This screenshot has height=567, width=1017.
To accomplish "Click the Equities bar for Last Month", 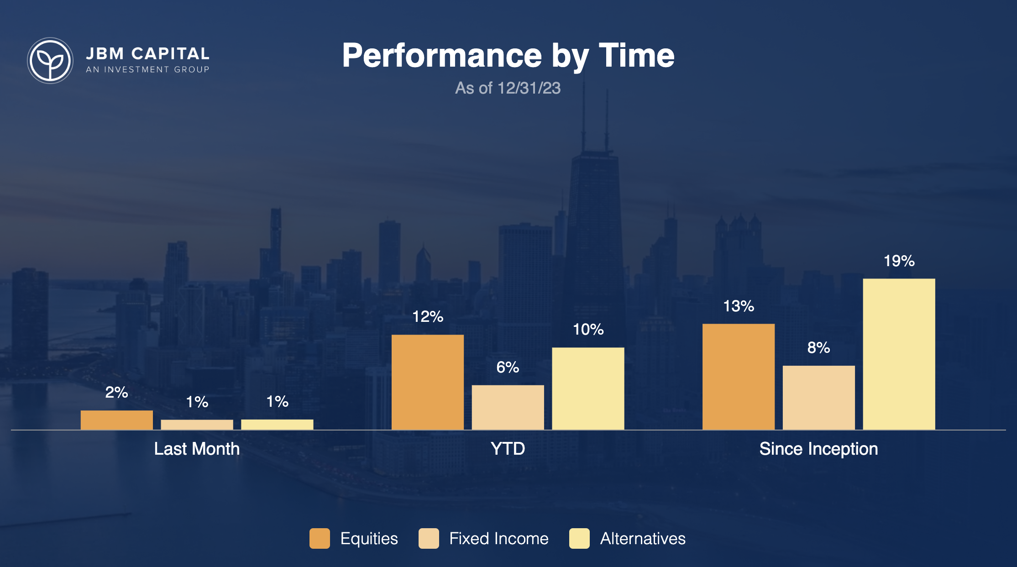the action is [117, 420].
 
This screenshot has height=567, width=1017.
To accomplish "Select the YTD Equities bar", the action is [428, 382].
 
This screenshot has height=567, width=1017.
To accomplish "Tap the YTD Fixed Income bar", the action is [508, 407].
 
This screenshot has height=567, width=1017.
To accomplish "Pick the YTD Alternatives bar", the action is [588, 388].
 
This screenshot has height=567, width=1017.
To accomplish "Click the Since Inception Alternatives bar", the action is [899, 354].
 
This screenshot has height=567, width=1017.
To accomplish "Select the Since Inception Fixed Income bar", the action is [819, 398].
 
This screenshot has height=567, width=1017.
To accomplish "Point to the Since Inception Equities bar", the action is [739, 377].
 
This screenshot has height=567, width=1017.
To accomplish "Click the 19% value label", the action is [899, 261].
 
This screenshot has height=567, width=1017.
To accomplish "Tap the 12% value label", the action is [428, 317].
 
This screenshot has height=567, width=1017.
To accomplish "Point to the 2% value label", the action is [117, 393].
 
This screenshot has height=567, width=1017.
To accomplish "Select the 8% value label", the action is [819, 348].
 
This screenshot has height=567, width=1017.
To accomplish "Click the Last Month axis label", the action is [197, 449].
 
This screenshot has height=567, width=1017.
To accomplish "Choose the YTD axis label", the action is [508, 449].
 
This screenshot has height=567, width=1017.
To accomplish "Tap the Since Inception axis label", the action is [819, 449].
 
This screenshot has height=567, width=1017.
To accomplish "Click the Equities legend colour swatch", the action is [320, 539].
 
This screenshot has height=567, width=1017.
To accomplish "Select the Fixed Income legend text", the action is [499, 539].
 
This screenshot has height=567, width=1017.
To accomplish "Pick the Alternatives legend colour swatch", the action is [579, 539].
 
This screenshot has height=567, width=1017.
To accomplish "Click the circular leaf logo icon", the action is [50, 60].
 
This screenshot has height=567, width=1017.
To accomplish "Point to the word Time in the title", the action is [637, 56].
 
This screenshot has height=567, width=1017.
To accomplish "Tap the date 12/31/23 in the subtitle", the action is [529, 88].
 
